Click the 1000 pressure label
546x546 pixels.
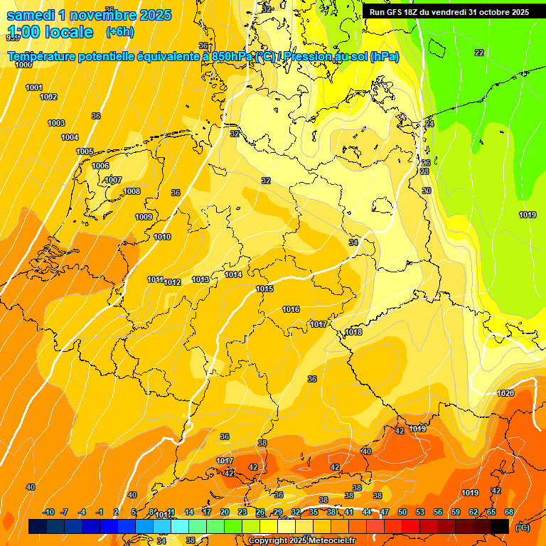click(23, 65)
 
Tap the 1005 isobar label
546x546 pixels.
click(85, 151)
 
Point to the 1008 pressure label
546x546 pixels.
click(132, 191)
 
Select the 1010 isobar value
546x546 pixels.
click(162, 237)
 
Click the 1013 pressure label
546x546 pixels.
click(200, 279)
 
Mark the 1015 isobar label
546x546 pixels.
click(264, 289)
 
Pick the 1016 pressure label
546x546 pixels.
click(291, 309)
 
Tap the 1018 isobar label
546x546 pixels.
click(353, 332)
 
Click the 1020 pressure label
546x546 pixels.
click(505, 393)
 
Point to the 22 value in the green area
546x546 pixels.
click(478, 53)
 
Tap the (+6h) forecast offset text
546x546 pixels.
click(119, 32)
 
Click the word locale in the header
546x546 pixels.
click(68, 32)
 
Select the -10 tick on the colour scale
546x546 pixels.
click(48, 512)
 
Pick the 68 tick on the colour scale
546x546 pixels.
click(509, 512)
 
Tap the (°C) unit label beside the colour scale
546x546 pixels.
click(522, 528)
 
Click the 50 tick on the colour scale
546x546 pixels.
click(402, 512)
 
